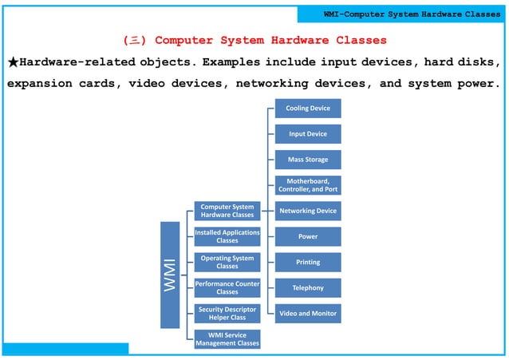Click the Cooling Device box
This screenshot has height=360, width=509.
tap(307, 109)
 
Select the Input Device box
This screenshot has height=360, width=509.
tap(307, 134)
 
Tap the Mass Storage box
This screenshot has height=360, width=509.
tap(307, 160)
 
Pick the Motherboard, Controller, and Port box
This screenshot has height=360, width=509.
tap(307, 185)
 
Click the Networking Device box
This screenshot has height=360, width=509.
tap(307, 211)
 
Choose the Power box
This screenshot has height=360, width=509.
tap(307, 236)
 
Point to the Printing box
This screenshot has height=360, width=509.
tap(307, 262)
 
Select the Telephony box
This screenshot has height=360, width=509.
tap(307, 287)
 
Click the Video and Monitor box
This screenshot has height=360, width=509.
tap(307, 313)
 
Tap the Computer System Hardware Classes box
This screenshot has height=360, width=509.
tap(227, 211)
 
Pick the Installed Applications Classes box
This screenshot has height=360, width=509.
tap(227, 236)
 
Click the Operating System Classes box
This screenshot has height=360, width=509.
tap(227, 262)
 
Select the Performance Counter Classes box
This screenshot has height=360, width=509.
tap(227, 287)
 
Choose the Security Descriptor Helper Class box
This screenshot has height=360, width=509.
tap(227, 313)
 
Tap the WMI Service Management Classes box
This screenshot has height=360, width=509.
tap(227, 339)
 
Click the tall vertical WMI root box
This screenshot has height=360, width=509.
tap(170, 275)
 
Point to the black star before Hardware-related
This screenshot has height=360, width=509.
tap(13, 62)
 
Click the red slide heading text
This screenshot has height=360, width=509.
tap(254, 40)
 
